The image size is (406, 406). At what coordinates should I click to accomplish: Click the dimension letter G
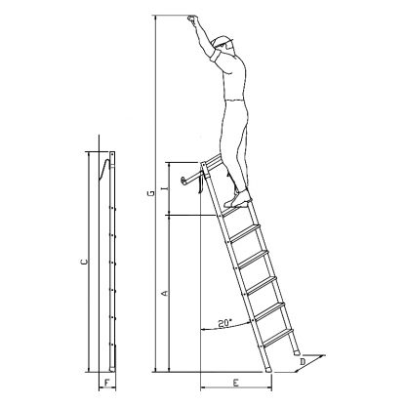[x=151, y=194]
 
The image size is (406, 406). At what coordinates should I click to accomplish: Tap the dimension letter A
[x=165, y=293]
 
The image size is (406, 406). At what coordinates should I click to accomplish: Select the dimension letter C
[x=84, y=262]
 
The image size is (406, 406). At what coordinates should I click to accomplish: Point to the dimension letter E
[x=236, y=383]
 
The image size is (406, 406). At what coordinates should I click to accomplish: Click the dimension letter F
[x=108, y=382]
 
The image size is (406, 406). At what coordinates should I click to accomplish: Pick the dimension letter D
[x=303, y=361]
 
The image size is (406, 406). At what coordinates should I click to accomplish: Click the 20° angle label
[x=224, y=323]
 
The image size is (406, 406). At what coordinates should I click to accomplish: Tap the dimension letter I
[x=166, y=188]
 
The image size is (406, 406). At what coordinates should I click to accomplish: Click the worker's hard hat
[x=223, y=41]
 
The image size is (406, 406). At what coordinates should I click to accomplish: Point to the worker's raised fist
[x=192, y=19]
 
